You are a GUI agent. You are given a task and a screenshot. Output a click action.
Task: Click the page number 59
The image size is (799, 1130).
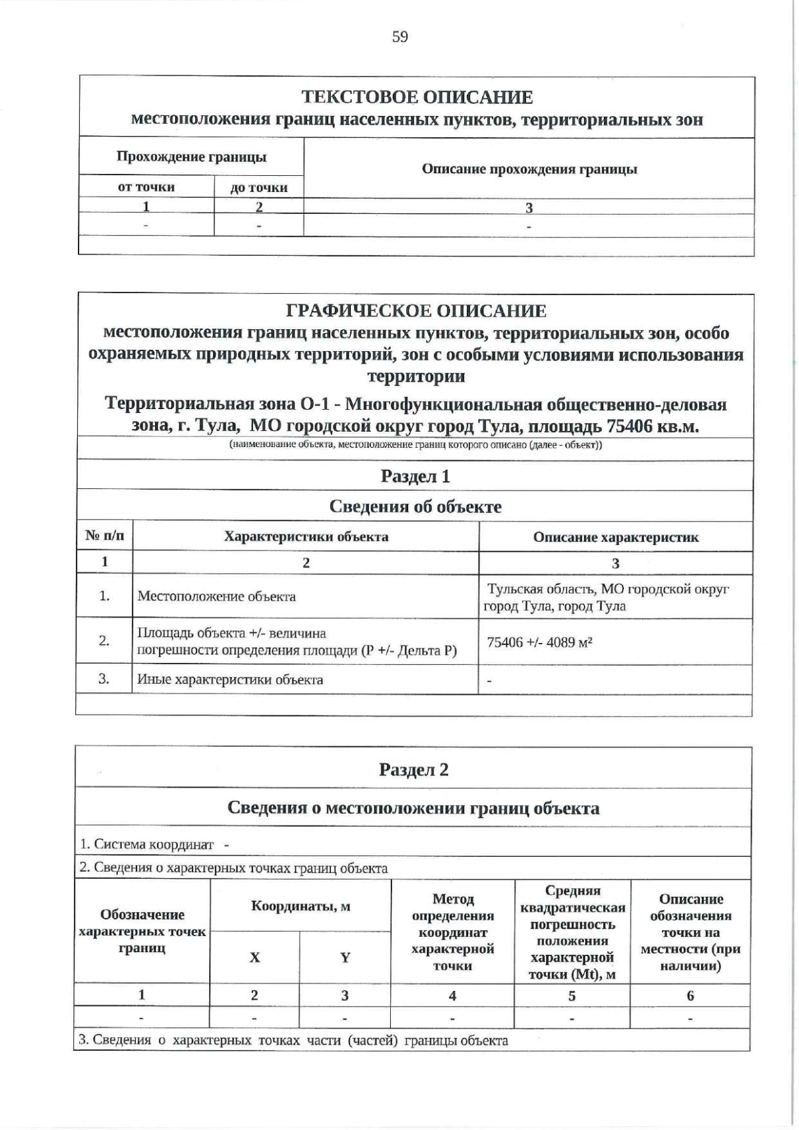400,37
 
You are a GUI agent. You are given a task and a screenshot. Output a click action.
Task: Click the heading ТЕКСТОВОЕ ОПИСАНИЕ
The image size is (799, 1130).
417,97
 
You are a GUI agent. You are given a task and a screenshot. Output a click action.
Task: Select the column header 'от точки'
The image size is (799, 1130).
146,187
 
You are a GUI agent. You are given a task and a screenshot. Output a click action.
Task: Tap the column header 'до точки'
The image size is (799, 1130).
258,188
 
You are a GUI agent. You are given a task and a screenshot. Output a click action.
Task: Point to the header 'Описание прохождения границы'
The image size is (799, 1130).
529,169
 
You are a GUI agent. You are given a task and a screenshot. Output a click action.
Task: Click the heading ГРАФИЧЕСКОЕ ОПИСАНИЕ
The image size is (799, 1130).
415,311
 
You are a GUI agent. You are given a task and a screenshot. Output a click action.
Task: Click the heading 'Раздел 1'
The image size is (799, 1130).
415,476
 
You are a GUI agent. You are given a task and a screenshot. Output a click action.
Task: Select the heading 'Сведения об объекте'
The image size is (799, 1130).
415,507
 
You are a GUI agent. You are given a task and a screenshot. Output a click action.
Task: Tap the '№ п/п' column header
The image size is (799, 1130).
105,536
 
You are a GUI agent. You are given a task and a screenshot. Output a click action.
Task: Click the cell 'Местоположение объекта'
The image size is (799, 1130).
216,596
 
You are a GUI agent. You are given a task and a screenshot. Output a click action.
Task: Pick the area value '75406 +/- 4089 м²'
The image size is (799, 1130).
540,642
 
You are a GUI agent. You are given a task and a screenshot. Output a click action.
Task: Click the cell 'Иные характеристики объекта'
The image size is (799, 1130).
230,680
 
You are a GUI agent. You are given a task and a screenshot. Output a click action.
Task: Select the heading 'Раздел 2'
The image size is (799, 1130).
413,770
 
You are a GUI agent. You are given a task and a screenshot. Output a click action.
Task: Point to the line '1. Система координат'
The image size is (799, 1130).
147,844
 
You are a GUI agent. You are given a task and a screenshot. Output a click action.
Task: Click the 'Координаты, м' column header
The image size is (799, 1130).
300,906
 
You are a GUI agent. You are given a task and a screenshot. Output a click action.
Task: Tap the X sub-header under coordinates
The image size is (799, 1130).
254,958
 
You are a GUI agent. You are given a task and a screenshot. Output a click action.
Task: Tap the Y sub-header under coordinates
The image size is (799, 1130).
345,958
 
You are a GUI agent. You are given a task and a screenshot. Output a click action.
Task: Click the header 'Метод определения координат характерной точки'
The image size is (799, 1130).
453,932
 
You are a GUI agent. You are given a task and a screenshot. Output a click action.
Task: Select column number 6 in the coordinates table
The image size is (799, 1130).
690,995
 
